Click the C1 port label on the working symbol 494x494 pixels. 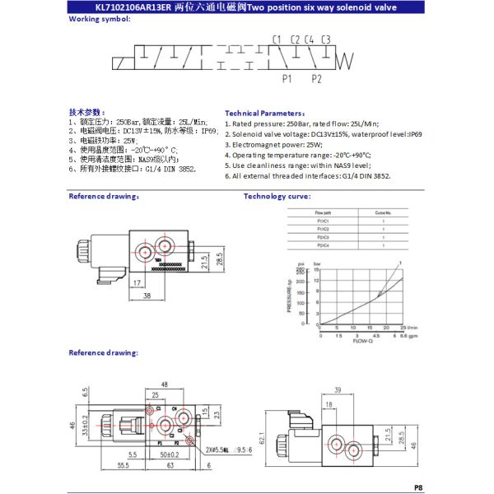tap(277, 40)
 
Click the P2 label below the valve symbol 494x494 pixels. tap(316, 79)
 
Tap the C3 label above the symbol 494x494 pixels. tap(326, 40)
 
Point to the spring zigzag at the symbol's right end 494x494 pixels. tap(347, 59)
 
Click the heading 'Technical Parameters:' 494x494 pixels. tap(265, 113)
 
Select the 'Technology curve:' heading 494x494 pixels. tap(276, 196)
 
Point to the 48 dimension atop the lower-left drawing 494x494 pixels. tap(165, 384)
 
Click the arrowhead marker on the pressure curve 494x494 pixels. tap(380, 294)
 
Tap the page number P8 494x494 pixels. tap(418, 487)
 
